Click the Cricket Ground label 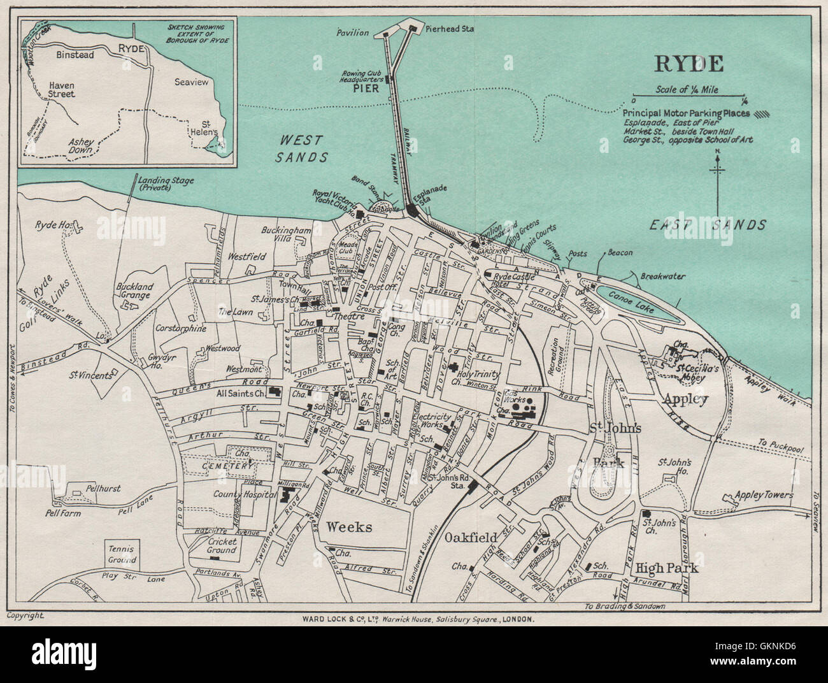point(218,545)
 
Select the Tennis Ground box point(122,554)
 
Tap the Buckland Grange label point(134,291)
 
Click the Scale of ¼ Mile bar point(689,99)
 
